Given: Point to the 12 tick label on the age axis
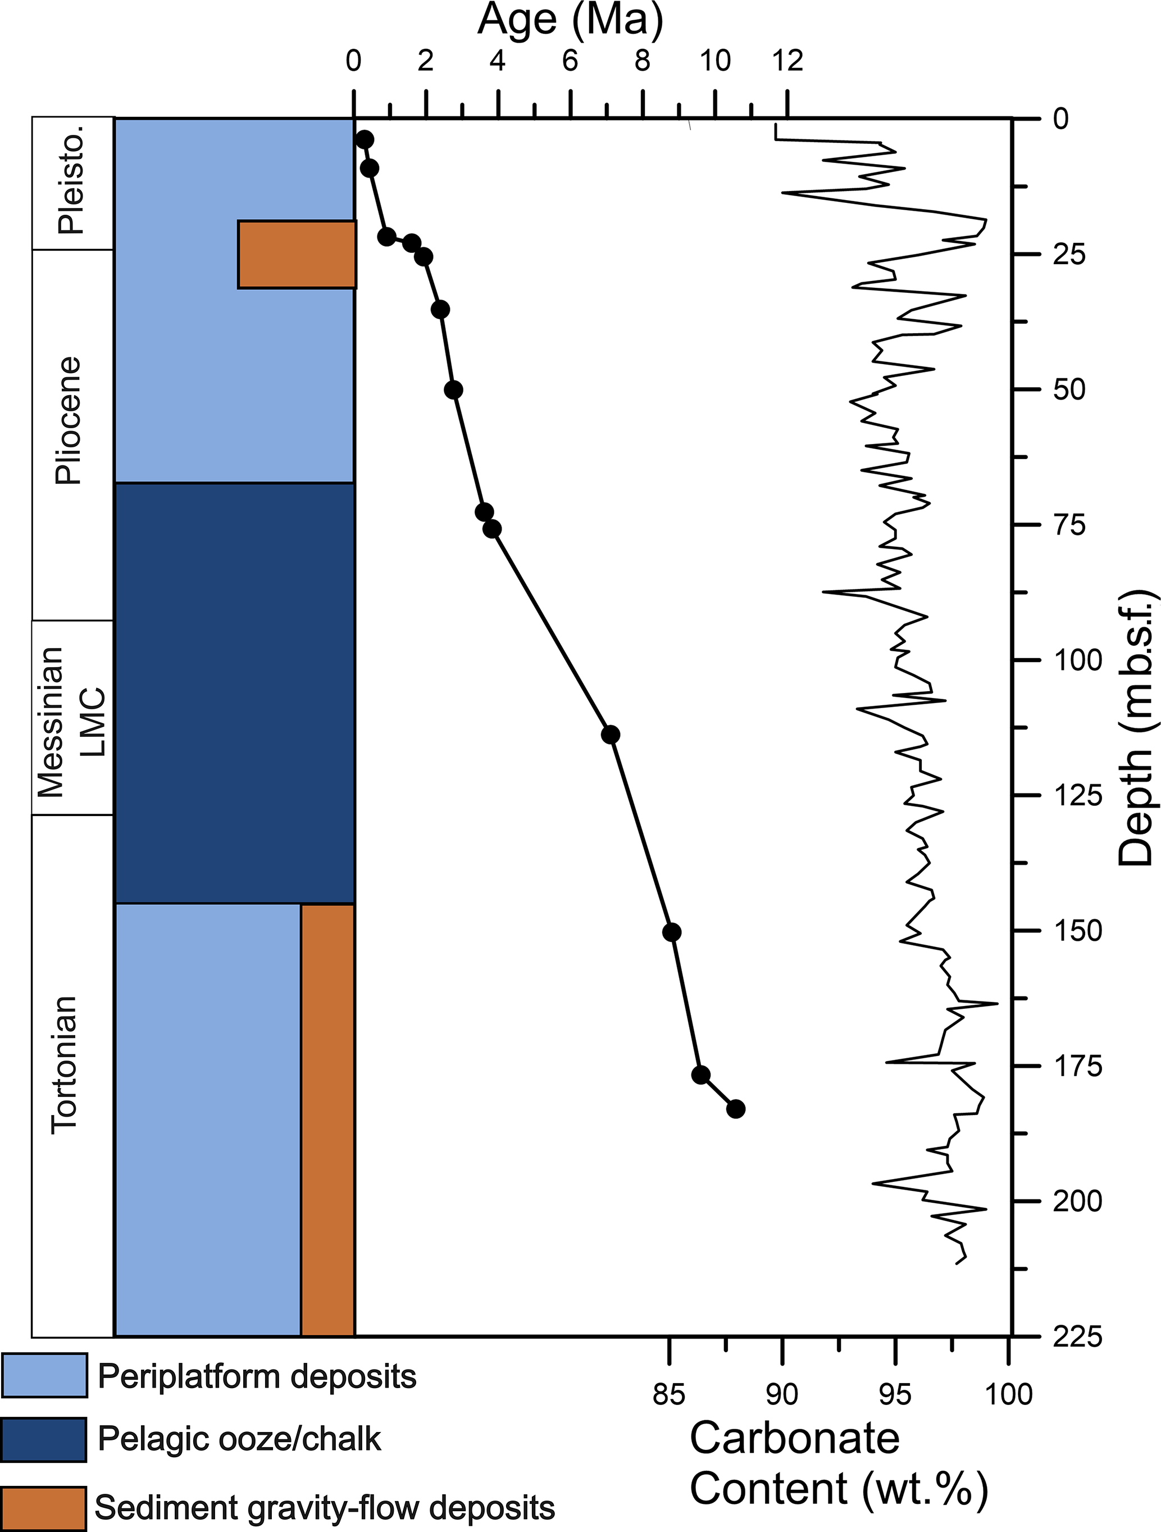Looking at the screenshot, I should tap(787, 62).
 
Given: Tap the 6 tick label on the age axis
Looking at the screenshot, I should tap(570, 62).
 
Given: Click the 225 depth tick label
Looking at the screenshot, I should tap(1077, 1336).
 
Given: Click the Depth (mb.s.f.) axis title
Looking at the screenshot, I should tap(1135, 727).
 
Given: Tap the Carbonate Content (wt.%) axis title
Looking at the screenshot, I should tap(837, 1461).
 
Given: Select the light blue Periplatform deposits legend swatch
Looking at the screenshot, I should tap(44, 1375).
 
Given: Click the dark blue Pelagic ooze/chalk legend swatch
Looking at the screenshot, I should tap(44, 1439).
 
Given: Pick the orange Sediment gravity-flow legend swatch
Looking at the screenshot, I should tap(44, 1508).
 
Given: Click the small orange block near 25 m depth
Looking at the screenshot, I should tap(297, 254).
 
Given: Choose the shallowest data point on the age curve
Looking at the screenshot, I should tap(364, 139).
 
